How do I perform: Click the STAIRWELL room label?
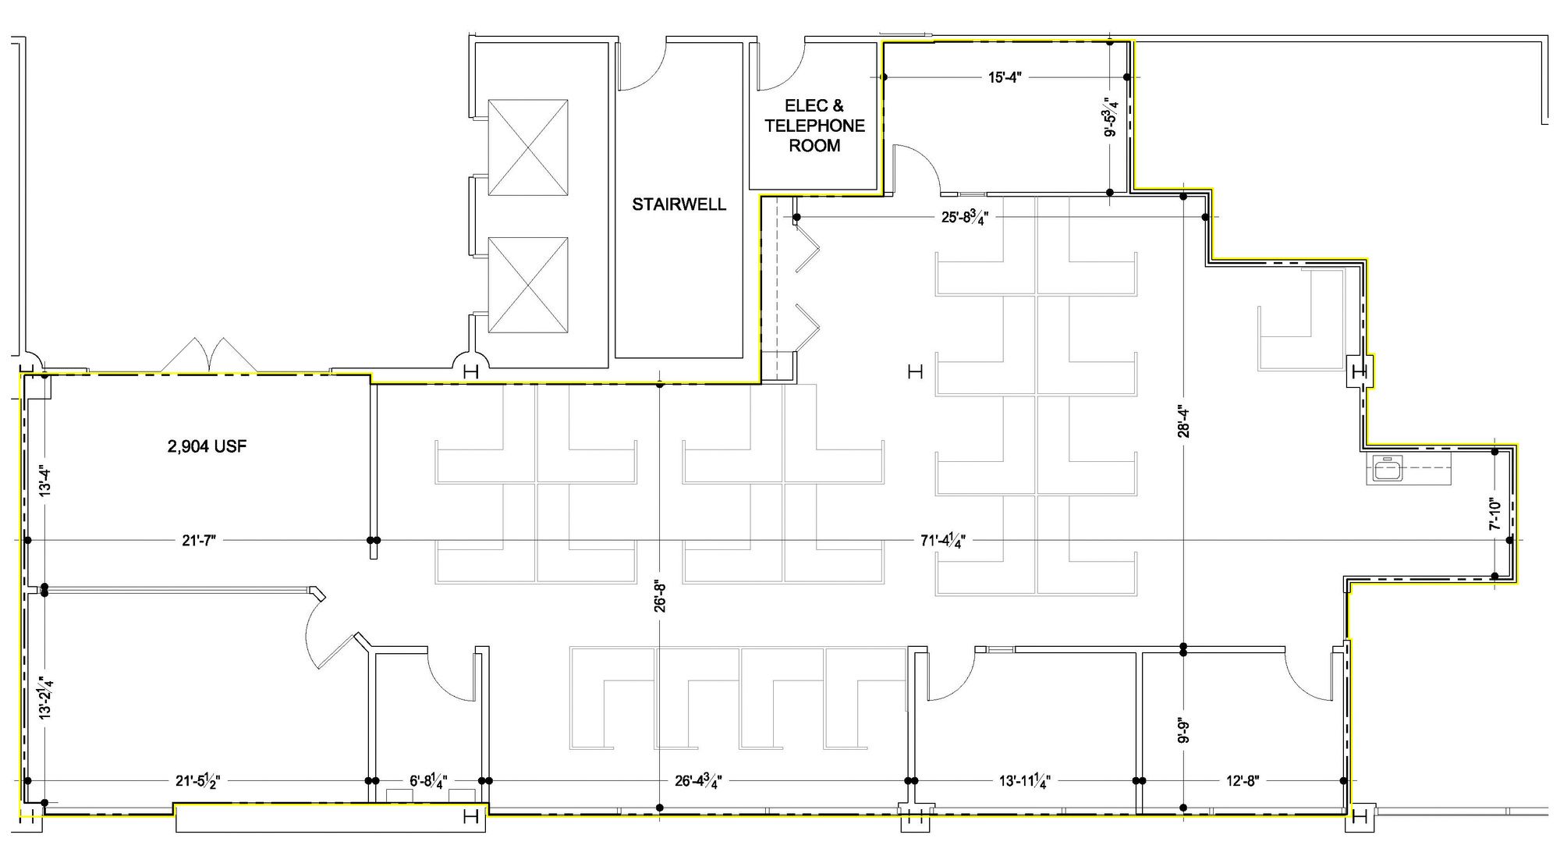(x=679, y=204)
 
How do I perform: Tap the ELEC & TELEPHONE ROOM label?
(x=814, y=126)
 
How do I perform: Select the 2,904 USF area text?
(x=207, y=447)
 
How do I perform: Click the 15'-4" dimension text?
(x=1005, y=77)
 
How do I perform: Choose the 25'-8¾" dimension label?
(x=965, y=218)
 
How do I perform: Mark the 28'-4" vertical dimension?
(x=1183, y=418)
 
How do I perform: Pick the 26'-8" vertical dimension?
(x=660, y=595)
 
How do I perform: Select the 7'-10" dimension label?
(x=1494, y=515)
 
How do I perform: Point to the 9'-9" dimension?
(x=1183, y=730)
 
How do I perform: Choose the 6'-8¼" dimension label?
(x=428, y=781)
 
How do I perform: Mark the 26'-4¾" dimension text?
(x=698, y=781)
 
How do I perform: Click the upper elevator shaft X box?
(x=527, y=147)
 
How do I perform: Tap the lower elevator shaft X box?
(x=527, y=285)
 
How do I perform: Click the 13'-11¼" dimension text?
(x=1025, y=781)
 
